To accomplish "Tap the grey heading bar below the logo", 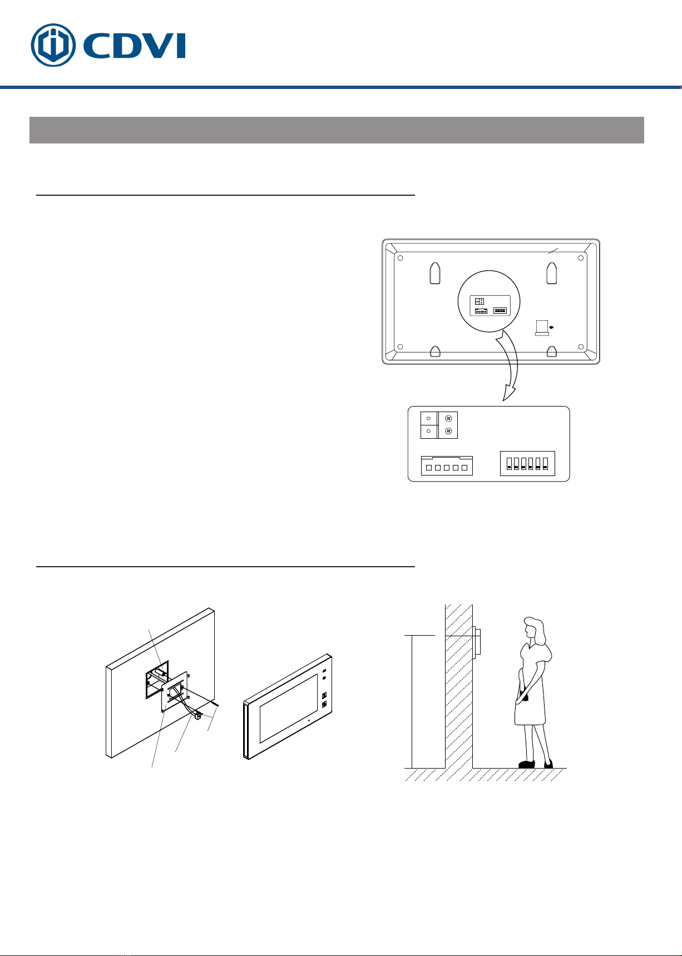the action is point(337,130).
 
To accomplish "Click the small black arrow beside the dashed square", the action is point(551,328).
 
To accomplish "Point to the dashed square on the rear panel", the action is point(541,326).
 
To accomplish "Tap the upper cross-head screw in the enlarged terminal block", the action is point(448,418).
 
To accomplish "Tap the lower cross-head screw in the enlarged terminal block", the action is point(448,431).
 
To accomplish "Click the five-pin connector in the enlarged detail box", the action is point(446,466).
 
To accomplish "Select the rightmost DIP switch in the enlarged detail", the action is point(545,463).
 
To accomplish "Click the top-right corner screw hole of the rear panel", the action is point(581,258).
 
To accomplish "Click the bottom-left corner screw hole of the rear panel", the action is point(399,347).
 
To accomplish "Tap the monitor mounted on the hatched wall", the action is point(477,643).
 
